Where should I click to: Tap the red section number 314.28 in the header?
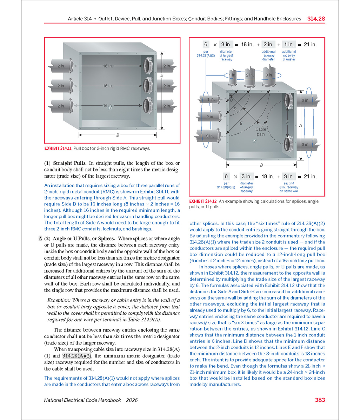pos(316,19)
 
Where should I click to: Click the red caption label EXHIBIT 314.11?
pos(58,148)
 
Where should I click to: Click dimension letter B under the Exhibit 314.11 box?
pos(117,134)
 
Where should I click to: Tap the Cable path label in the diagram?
pos(261,132)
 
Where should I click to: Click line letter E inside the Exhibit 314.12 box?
pos(241,123)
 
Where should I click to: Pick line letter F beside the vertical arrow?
pos(287,123)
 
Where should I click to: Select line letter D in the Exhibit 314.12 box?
pos(235,109)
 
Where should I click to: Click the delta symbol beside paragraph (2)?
pos(40,239)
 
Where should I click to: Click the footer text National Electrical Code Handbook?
pos(82,400)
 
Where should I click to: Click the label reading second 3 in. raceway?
pos(289,187)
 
